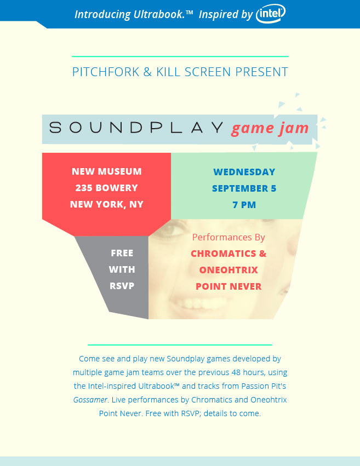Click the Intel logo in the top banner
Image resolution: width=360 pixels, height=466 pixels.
click(x=271, y=13)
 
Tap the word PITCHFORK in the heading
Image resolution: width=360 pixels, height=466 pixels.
click(x=106, y=72)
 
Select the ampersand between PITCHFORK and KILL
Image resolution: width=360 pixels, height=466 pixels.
click(x=147, y=72)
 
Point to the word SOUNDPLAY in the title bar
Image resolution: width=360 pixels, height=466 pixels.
click(x=136, y=128)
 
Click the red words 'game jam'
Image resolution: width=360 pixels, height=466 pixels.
click(x=270, y=129)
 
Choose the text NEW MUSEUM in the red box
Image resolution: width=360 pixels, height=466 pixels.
click(x=107, y=171)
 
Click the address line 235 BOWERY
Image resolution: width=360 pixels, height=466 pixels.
click(x=106, y=188)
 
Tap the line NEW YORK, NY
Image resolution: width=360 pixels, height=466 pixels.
click(x=107, y=204)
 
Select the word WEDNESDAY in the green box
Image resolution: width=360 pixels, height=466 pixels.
click(x=244, y=172)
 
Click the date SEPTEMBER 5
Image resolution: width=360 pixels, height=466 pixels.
click(x=244, y=188)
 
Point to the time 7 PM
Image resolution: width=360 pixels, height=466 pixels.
click(x=244, y=205)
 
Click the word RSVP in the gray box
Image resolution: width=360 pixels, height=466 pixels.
click(x=122, y=286)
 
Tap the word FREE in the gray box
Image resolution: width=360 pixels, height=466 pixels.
click(x=122, y=253)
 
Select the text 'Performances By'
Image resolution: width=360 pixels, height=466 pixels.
click(x=228, y=237)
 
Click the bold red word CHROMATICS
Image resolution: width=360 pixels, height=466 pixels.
click(x=223, y=254)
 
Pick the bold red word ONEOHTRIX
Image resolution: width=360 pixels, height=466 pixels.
click(x=228, y=270)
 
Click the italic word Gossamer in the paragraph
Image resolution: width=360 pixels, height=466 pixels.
click(x=90, y=400)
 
